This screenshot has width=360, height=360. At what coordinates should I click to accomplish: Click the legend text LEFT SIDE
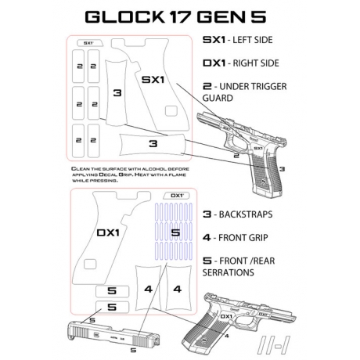click(x=255, y=41)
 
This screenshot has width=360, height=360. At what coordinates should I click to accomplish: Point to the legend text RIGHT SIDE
click(x=257, y=63)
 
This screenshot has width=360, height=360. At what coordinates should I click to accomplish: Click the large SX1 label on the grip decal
click(x=152, y=80)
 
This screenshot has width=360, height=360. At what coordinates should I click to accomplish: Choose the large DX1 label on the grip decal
click(x=107, y=233)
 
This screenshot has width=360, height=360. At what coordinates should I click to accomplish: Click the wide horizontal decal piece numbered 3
click(x=153, y=144)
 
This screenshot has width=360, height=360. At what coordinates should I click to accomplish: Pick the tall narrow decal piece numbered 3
click(x=117, y=93)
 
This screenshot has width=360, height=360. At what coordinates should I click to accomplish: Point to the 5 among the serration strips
click(x=175, y=232)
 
